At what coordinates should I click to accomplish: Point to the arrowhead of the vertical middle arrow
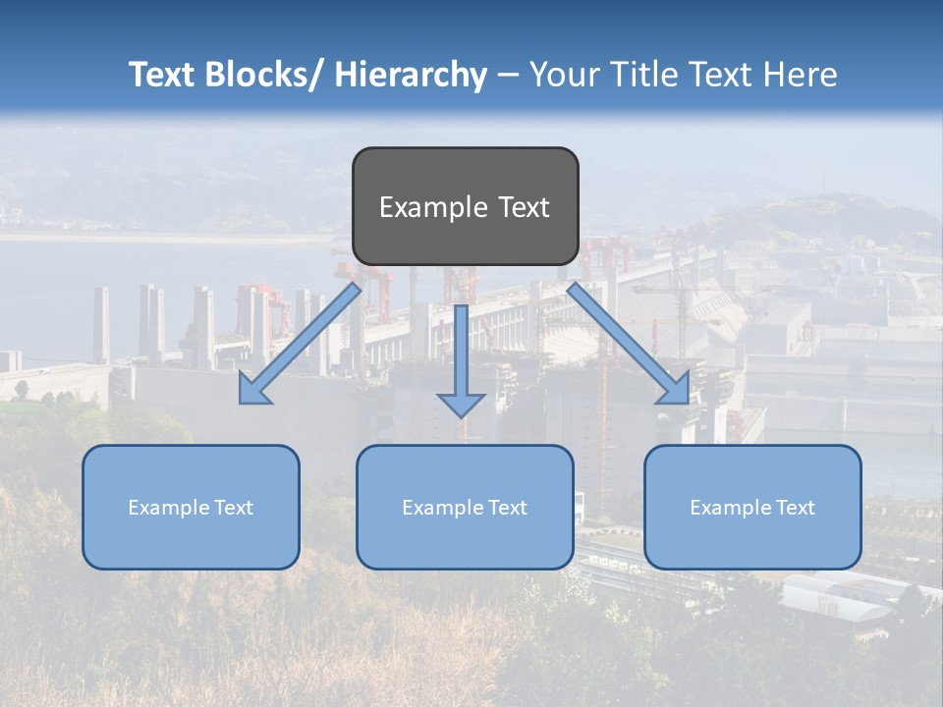462,405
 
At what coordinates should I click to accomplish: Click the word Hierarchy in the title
411,75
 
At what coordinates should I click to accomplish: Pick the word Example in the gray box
419,207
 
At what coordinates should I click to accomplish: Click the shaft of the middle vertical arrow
462,344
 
